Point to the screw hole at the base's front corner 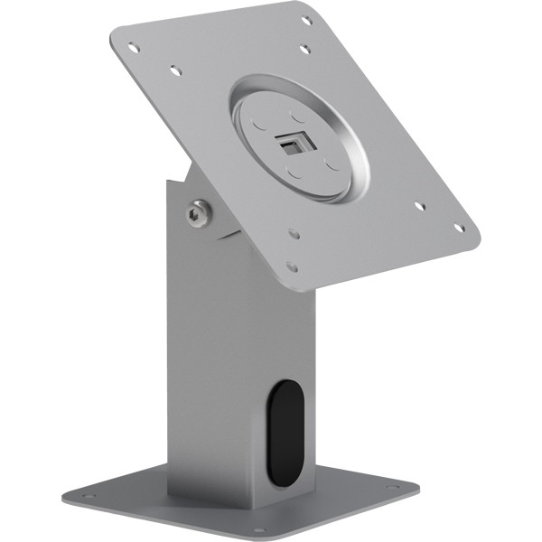(x=258, y=529)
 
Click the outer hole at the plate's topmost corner (x=306, y=21)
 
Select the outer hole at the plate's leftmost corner (x=134, y=47)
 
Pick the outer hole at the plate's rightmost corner (x=458, y=227)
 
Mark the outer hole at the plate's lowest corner (x=291, y=266)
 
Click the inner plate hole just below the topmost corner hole (x=304, y=48)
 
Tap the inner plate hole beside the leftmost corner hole (x=176, y=70)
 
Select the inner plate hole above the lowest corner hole (x=294, y=233)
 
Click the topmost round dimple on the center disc (x=296, y=115)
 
